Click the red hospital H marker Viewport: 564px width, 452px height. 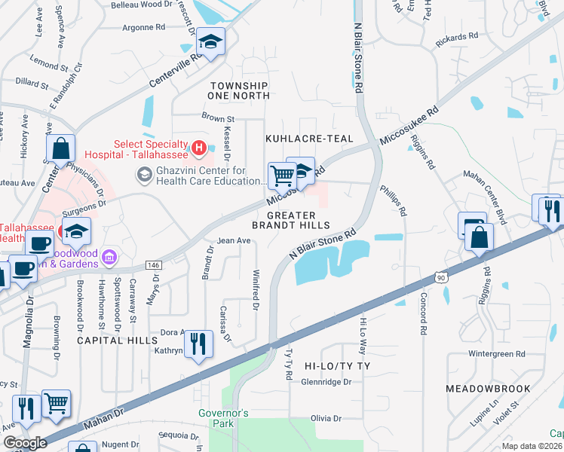tap(198, 148)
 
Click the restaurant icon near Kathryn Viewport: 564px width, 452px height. tap(198, 344)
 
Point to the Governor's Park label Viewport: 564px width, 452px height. tap(223, 418)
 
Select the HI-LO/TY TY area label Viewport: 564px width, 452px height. tap(339, 365)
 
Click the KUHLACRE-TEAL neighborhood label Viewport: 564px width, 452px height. tap(308, 139)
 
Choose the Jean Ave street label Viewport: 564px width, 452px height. tap(234, 241)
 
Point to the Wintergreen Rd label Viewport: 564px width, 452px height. tap(496, 353)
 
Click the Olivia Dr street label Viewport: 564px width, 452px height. tap(326, 418)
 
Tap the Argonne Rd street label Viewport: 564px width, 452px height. tap(143, 26)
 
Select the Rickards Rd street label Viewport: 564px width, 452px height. tap(458, 35)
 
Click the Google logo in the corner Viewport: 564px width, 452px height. tap(24, 443)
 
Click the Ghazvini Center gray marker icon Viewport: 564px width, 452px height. tap(143, 175)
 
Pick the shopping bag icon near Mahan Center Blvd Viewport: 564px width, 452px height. tap(479, 237)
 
